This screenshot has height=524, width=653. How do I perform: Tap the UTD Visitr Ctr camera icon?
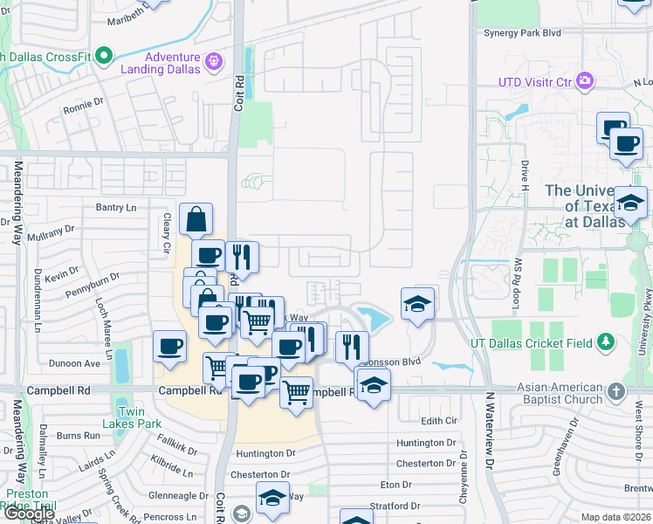click(x=585, y=82)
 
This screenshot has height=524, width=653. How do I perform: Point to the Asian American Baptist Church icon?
click(x=617, y=392)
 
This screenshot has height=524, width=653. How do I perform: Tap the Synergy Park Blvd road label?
click(x=522, y=33)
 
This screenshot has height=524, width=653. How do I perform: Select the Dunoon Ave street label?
click(x=79, y=363)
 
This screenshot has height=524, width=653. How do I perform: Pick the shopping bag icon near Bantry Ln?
click(x=196, y=218)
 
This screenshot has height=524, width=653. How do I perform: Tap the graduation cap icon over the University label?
click(x=630, y=204)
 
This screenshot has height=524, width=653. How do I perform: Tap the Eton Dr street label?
click(x=395, y=484)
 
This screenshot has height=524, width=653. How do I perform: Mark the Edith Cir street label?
click(x=439, y=421)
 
